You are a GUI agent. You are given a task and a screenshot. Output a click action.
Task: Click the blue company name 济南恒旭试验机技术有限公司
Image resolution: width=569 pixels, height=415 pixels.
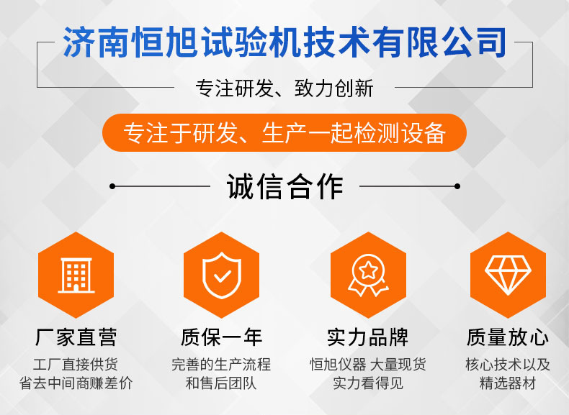[x=284, y=42]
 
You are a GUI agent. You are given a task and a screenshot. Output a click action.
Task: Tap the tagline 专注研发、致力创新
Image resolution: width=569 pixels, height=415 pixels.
[x=284, y=88]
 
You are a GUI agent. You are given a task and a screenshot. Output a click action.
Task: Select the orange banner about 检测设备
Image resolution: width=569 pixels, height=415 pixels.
[x=284, y=132]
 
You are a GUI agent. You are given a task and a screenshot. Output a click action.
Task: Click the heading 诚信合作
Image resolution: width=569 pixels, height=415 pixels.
[x=285, y=186]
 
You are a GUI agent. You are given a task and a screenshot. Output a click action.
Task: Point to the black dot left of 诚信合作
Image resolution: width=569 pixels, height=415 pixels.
[x=112, y=186]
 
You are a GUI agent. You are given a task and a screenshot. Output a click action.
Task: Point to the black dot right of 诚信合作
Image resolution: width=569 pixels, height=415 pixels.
[x=457, y=186]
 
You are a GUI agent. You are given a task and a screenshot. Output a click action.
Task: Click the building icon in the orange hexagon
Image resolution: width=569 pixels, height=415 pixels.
[x=76, y=275]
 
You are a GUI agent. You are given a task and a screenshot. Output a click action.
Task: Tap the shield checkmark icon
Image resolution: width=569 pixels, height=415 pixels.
[x=222, y=275]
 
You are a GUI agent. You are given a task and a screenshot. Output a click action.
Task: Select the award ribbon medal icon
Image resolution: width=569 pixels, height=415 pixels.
[x=368, y=275]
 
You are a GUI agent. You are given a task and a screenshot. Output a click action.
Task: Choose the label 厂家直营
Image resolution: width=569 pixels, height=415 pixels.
[x=76, y=337]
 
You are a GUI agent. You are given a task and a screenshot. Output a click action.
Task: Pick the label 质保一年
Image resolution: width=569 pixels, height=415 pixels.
[x=222, y=337]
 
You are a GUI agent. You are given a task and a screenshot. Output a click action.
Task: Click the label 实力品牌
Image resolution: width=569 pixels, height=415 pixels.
[x=368, y=337]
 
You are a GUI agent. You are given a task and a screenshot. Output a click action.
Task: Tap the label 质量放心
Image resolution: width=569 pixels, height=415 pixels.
[x=508, y=337]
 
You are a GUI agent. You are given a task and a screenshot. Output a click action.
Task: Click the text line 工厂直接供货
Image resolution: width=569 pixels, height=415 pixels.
[x=76, y=365]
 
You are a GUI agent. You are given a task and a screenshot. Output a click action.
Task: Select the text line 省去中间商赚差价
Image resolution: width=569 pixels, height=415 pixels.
[x=76, y=383]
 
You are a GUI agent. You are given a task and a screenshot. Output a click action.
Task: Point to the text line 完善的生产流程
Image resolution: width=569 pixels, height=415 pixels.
[x=221, y=365]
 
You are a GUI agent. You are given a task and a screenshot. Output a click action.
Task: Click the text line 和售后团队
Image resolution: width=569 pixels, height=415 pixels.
[x=221, y=383]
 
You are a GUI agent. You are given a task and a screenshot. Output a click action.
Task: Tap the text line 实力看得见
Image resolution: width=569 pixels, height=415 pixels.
[x=368, y=383]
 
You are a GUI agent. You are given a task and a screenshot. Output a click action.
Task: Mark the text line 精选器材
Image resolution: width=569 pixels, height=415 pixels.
[x=508, y=383]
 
